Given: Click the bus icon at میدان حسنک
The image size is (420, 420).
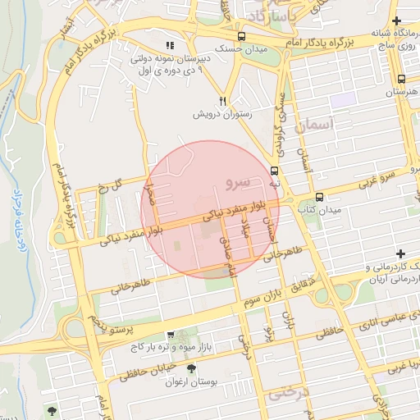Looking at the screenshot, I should [241, 37].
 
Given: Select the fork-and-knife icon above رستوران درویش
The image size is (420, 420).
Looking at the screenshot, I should [221, 99].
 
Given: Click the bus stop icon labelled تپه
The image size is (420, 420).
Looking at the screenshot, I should [274, 171].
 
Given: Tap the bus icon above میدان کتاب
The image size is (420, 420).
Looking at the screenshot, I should [319, 197].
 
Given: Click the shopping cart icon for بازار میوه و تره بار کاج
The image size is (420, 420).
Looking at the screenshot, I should [170, 335].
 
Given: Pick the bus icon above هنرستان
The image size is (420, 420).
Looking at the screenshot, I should [401, 80].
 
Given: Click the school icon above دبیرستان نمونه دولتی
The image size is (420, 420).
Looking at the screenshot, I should [170, 47].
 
